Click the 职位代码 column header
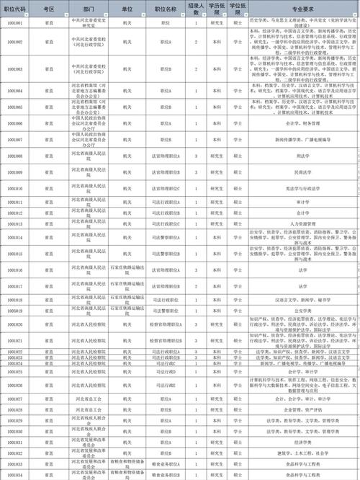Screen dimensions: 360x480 click(x=14, y=9)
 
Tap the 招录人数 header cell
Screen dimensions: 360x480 click(x=196, y=9)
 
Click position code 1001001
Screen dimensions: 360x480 click(x=14, y=24)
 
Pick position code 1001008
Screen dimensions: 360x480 click(x=14, y=155)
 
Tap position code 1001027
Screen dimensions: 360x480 click(x=14, y=399)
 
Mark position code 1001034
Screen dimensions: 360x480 click(x=14, y=475)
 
